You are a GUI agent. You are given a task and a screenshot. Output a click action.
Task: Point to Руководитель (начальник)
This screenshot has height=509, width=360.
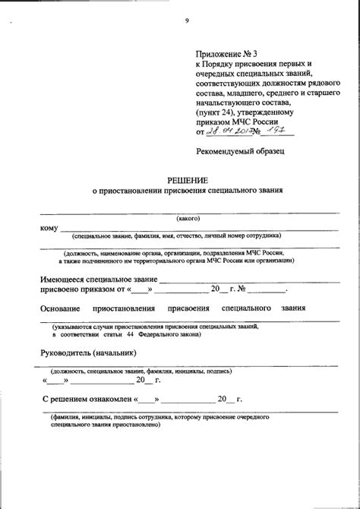click(90, 353)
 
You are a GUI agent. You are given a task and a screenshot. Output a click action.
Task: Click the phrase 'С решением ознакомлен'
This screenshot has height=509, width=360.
click(87, 398)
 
